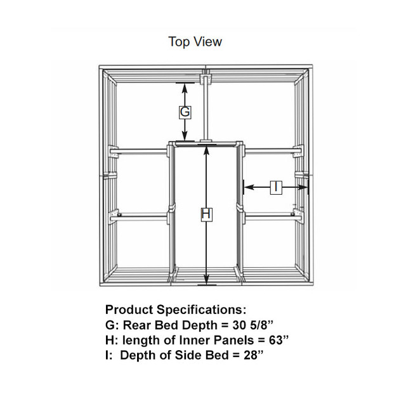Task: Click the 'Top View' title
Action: tap(195, 42)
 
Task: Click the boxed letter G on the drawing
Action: tap(185, 112)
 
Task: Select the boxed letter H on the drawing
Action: tap(206, 215)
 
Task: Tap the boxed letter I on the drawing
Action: tap(276, 187)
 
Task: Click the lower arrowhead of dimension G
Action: tap(185, 138)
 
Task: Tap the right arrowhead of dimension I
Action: tap(303, 187)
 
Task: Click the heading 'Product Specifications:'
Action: tap(175, 311)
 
